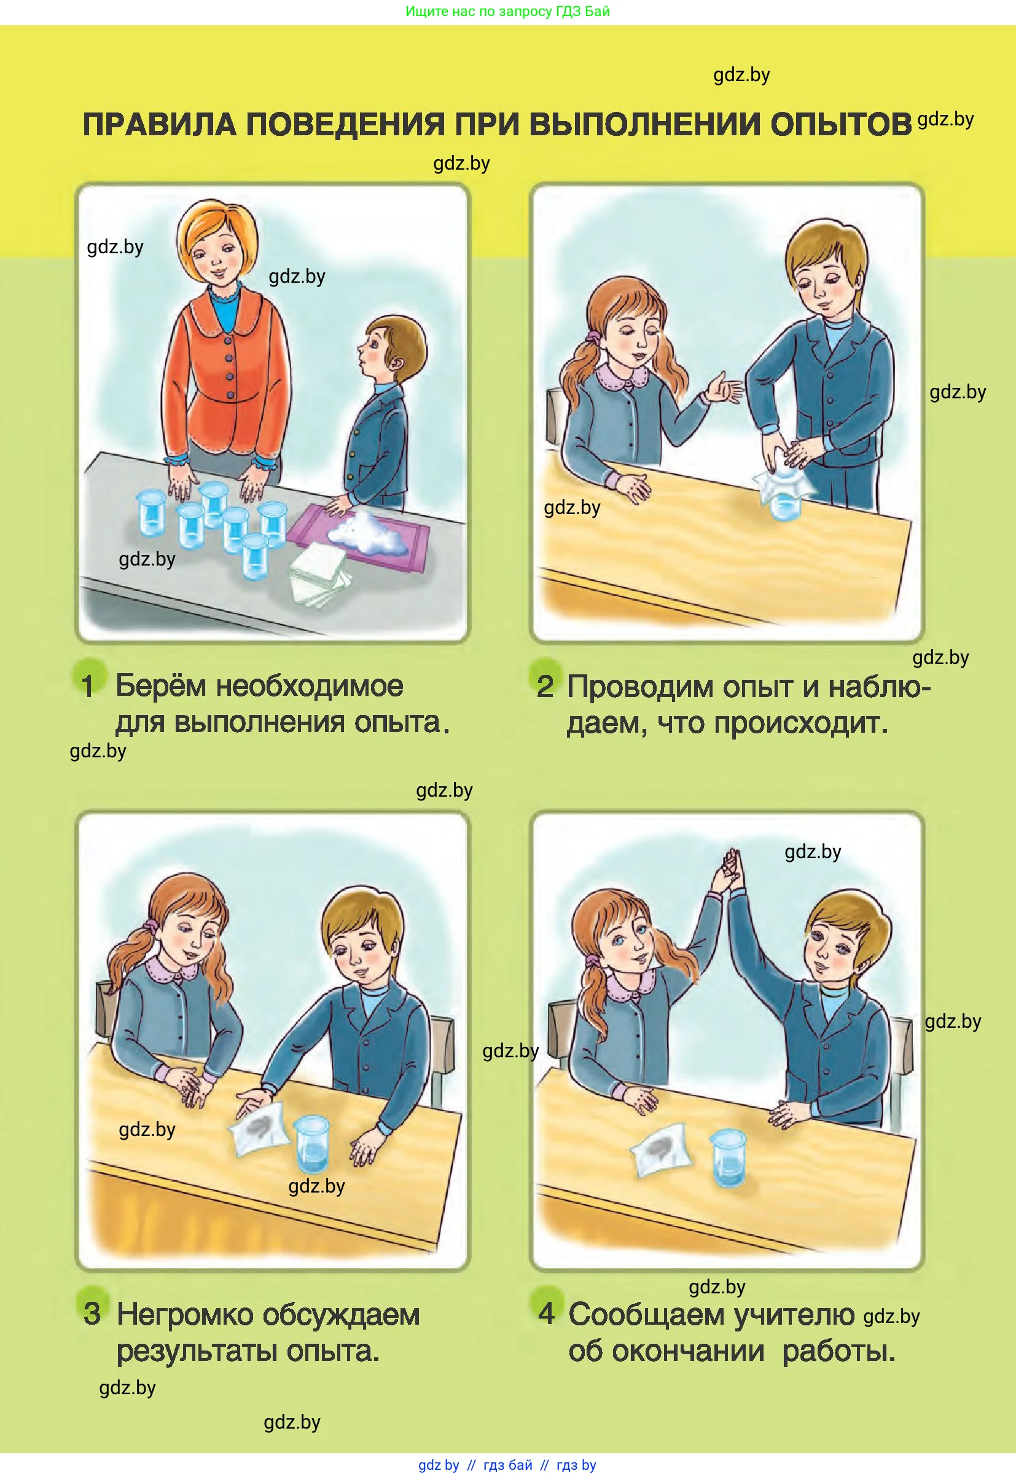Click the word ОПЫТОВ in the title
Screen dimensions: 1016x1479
[841, 124]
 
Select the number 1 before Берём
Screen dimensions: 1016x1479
[88, 686]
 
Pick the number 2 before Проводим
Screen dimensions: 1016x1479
[545, 687]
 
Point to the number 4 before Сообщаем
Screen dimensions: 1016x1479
[547, 1312]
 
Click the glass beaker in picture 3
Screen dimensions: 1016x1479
[313, 1144]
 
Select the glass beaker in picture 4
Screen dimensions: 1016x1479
[728, 1157]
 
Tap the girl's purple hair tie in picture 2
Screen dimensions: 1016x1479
[593, 336]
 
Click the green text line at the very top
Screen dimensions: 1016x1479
[507, 12]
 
